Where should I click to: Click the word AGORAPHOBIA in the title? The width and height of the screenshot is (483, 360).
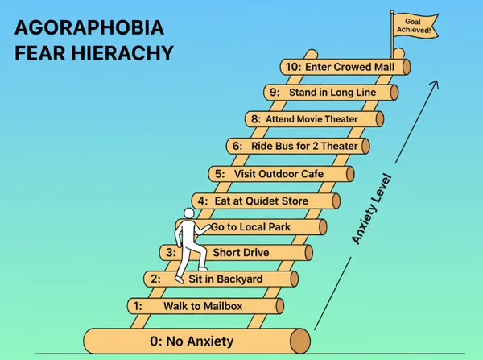(89, 30)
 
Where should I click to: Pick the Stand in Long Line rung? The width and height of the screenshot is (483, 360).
(332, 93)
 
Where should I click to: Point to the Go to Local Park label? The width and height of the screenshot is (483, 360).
(250, 227)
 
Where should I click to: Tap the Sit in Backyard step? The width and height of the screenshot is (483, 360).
(225, 279)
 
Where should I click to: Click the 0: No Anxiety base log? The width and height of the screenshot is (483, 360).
(196, 341)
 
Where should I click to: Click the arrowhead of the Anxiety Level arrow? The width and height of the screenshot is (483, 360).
(439, 82)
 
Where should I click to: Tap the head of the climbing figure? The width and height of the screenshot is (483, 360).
(189, 213)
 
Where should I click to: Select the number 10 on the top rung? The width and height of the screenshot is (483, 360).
(293, 66)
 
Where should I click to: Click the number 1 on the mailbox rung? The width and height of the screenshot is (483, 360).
(138, 306)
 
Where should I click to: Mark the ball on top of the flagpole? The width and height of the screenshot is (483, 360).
(392, 11)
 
